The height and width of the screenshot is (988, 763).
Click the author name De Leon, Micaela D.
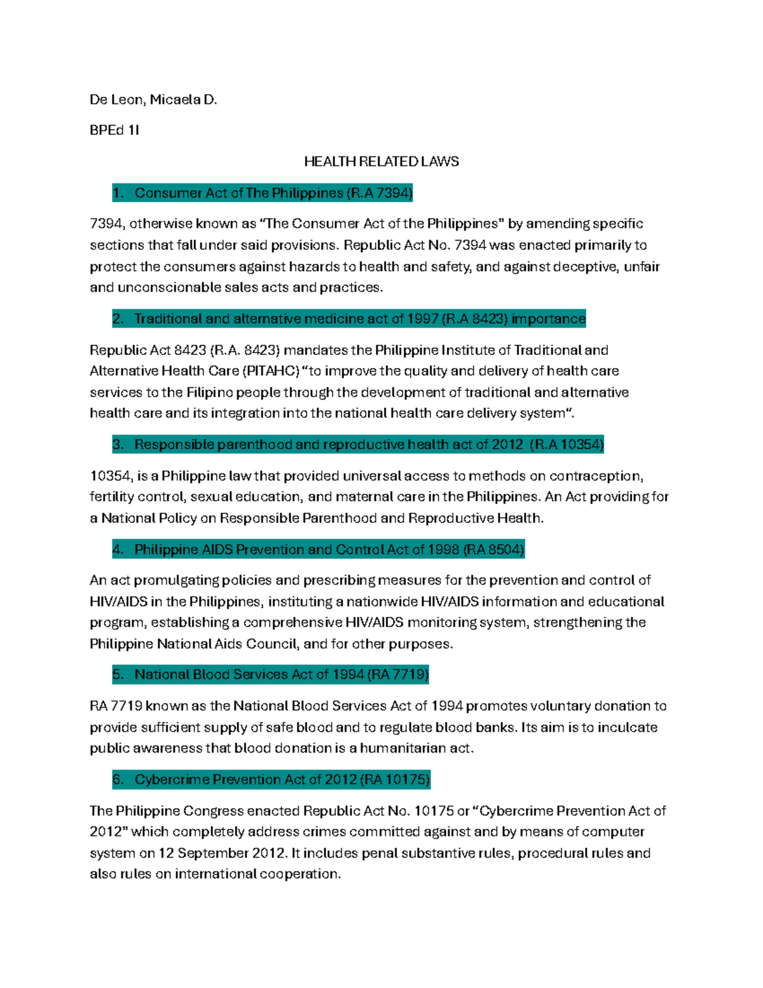[x=153, y=100]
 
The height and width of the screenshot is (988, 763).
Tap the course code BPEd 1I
[x=114, y=130]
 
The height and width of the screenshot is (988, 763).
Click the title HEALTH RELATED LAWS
[x=381, y=162]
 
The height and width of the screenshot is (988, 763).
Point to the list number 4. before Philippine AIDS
[x=118, y=550]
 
